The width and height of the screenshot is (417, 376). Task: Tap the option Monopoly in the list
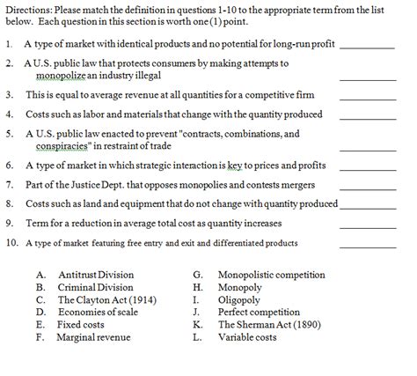click(240, 287)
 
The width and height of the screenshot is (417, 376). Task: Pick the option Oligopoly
click(239, 299)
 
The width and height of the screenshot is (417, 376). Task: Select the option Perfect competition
click(259, 312)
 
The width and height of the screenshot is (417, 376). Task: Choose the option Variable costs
click(248, 336)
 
